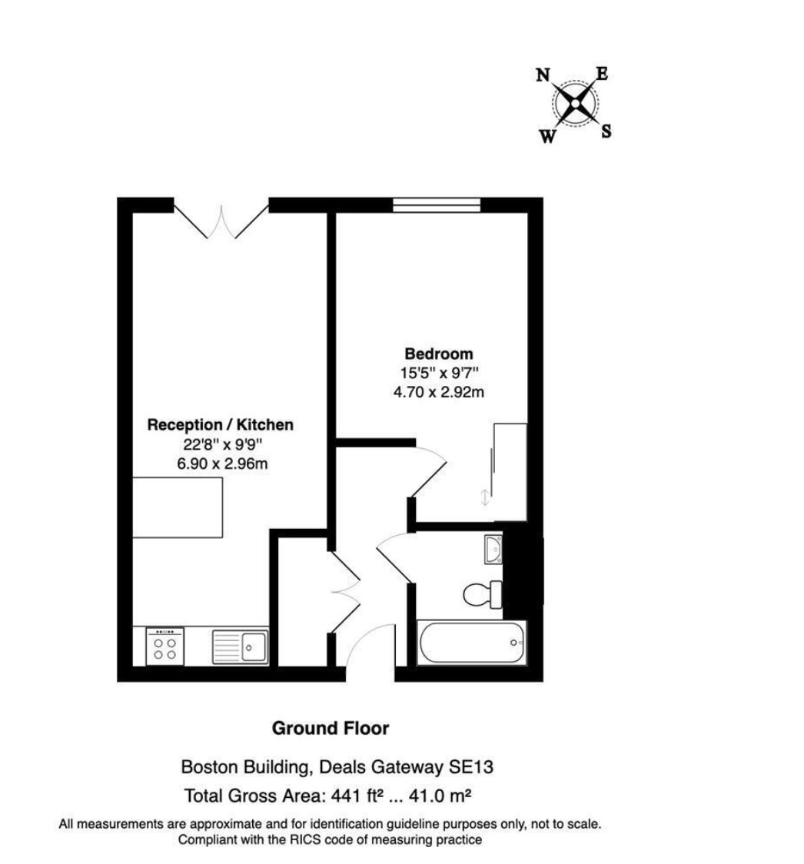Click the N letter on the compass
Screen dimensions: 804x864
tap(543, 75)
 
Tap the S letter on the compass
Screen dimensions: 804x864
tap(606, 131)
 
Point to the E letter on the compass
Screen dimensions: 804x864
tap(602, 73)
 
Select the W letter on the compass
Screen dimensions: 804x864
tap(547, 136)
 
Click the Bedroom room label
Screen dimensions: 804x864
tap(439, 354)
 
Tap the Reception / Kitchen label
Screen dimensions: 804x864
tap(221, 425)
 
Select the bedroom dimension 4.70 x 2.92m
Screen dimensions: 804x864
tap(439, 392)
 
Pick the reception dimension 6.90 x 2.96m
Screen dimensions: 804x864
tap(223, 464)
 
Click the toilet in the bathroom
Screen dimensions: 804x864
tap(483, 594)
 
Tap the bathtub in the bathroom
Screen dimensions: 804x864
tap(472, 643)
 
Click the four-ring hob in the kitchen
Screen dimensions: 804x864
tap(165, 647)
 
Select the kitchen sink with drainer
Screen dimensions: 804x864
tap(241, 647)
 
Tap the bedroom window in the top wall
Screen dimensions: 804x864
tap(437, 205)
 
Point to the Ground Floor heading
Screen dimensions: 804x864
tap(331, 729)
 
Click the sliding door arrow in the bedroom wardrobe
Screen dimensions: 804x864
tap(485, 497)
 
